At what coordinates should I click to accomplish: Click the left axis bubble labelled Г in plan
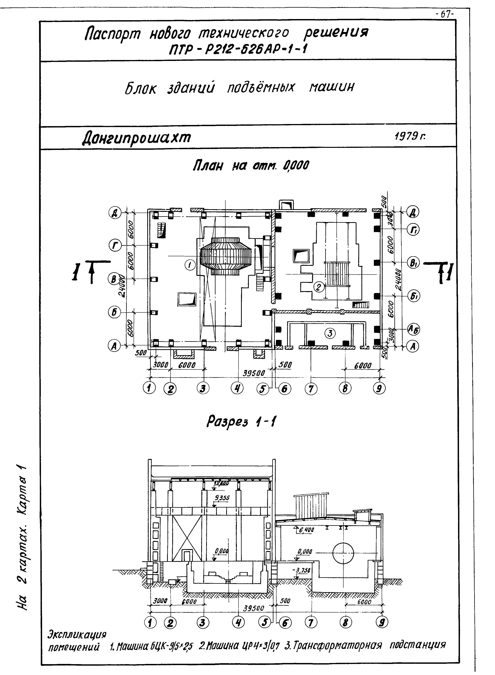pyautogui.click(x=115, y=246)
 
